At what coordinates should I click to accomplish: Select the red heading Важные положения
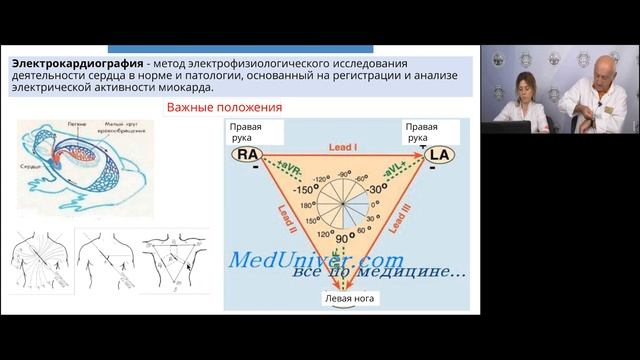224,107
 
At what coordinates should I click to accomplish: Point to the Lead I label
343,147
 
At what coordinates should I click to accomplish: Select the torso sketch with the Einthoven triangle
178,261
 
